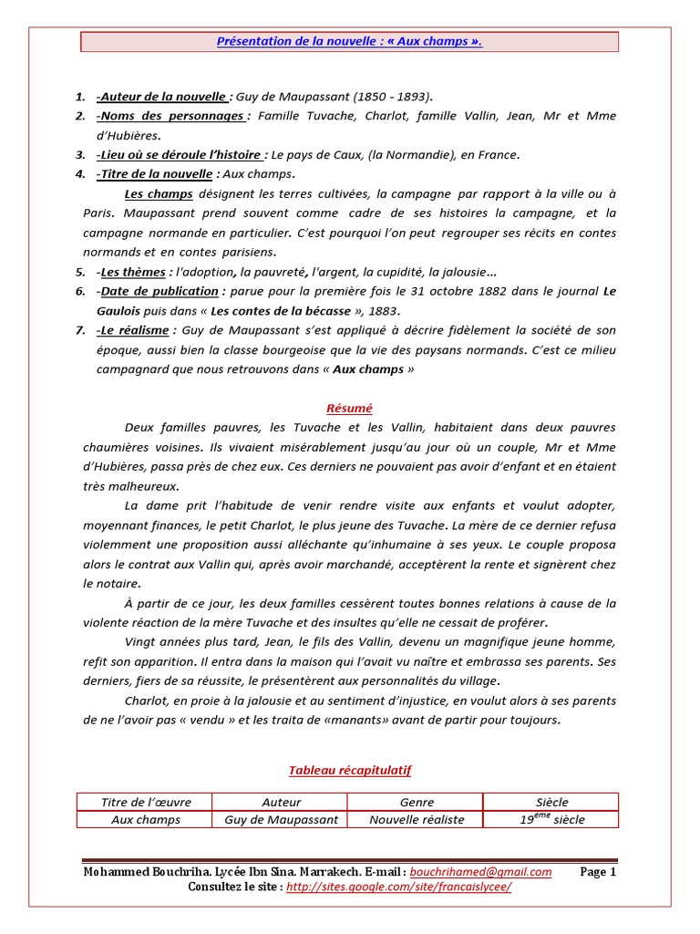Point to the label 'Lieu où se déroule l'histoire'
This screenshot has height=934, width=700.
tap(182, 155)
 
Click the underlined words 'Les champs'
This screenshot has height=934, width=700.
tap(158, 194)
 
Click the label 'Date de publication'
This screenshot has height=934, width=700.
tap(160, 291)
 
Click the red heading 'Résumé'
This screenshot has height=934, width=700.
tap(350, 409)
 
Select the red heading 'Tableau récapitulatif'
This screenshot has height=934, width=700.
tap(350, 771)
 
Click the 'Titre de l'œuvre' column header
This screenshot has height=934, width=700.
tap(146, 802)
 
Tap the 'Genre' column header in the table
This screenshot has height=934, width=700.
tap(417, 802)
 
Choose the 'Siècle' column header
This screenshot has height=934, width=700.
tap(551, 802)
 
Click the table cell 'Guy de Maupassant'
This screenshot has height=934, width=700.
tap(281, 819)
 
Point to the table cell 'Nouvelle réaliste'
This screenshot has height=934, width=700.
tap(417, 819)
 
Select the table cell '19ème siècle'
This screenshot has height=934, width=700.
tap(551, 819)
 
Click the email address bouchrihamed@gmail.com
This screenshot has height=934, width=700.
tap(480, 872)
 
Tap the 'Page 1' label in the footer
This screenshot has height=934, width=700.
tap(598, 872)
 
